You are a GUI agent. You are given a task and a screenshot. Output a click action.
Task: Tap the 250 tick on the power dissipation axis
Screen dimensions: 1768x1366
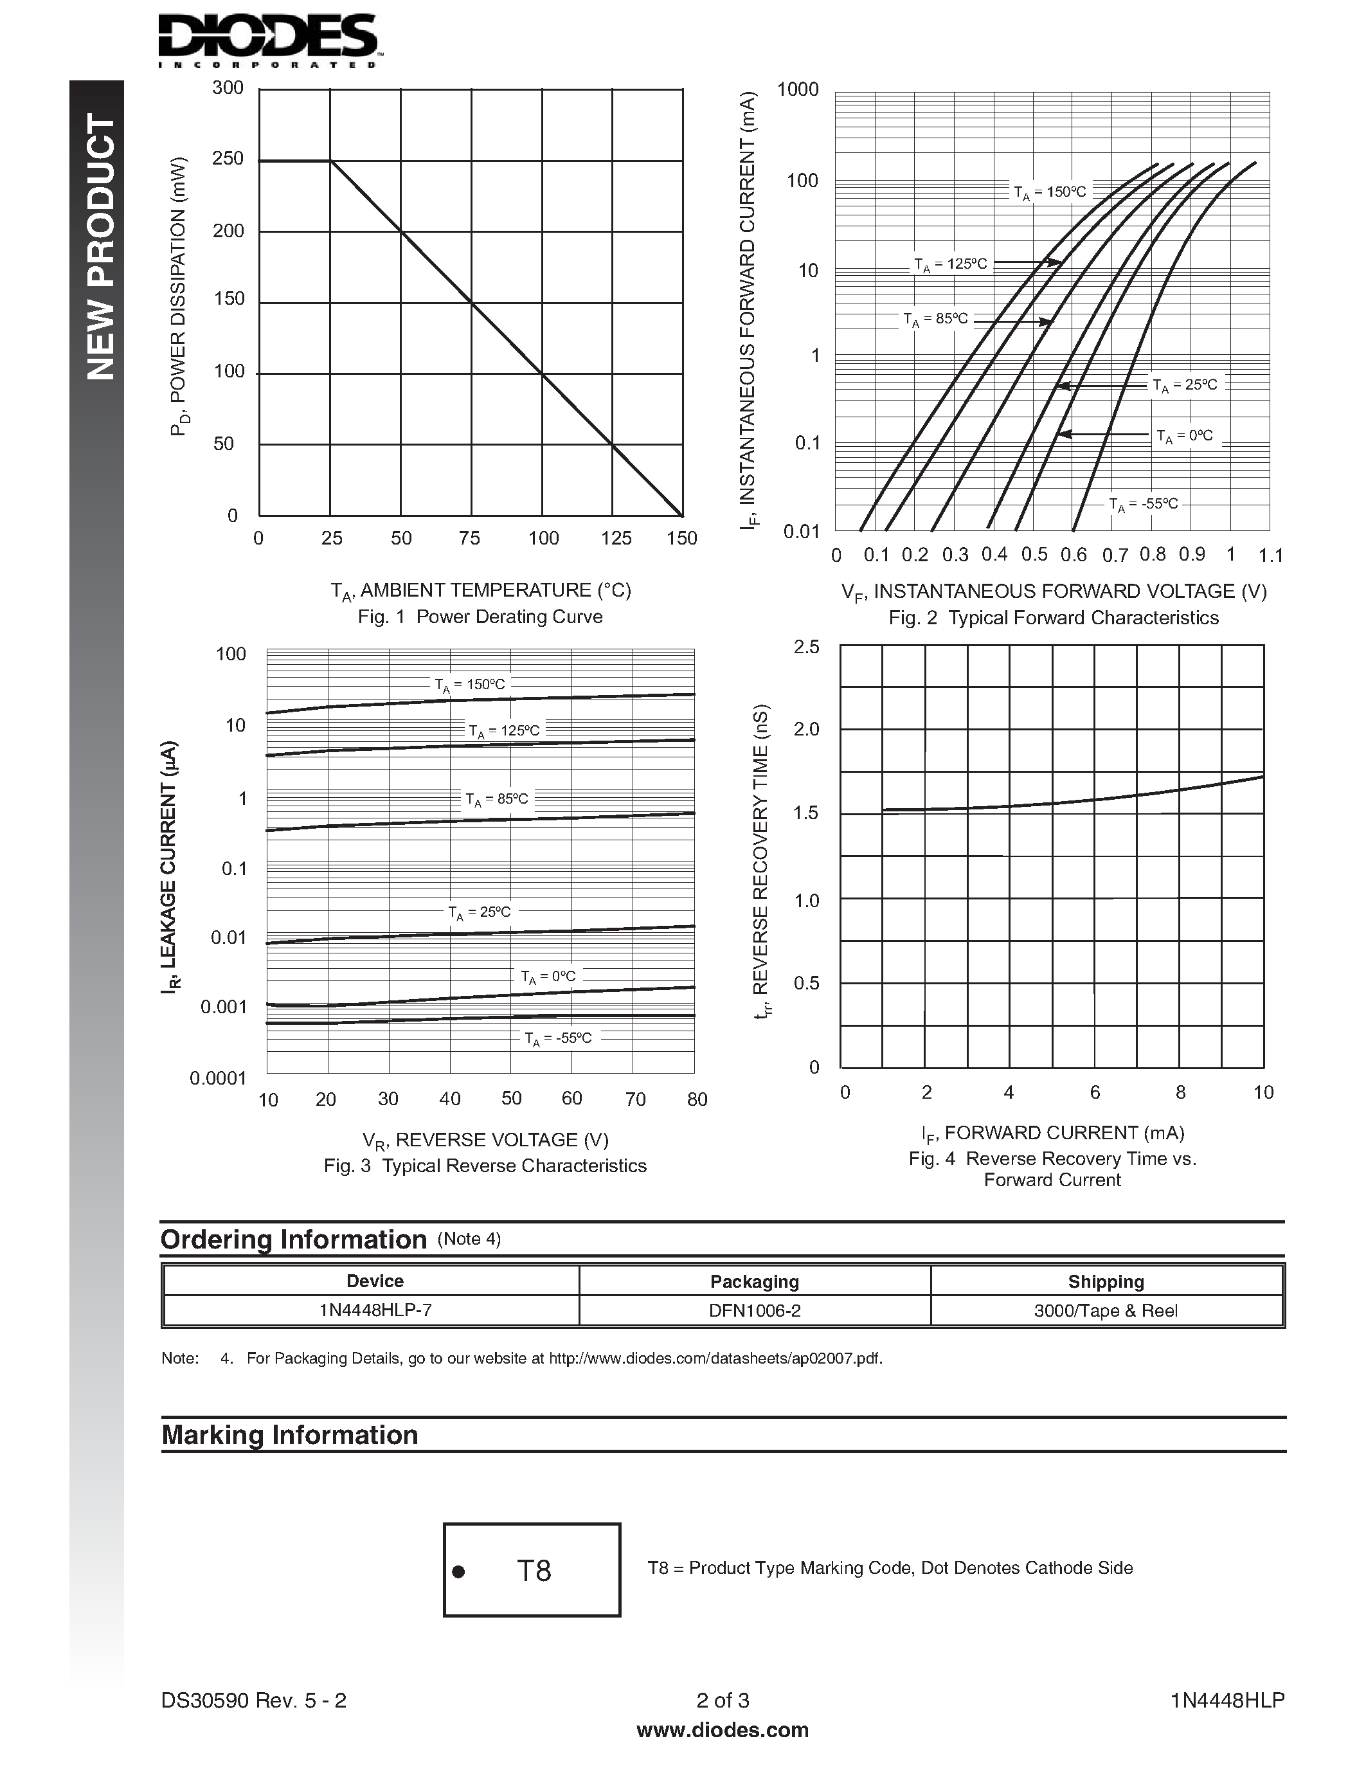tap(228, 159)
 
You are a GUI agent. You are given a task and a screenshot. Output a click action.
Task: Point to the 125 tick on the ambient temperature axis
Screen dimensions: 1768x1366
tap(616, 538)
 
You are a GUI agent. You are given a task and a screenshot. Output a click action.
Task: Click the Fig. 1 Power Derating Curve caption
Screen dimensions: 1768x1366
tap(480, 617)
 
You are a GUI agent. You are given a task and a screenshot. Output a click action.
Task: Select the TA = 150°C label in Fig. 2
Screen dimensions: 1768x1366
tap(1050, 193)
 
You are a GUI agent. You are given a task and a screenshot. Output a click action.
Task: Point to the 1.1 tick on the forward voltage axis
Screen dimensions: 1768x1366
tap(1270, 555)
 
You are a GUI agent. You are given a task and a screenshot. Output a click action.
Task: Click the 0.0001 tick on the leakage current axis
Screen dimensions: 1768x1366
tap(218, 1078)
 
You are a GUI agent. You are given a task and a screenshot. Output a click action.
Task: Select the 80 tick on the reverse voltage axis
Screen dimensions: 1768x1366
tap(697, 1099)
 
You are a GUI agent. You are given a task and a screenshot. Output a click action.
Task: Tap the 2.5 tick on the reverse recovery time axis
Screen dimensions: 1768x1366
tap(806, 647)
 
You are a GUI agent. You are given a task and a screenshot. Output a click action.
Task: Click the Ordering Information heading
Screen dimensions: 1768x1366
tap(294, 1240)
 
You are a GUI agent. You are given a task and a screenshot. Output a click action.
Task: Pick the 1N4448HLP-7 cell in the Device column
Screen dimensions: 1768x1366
tap(375, 1311)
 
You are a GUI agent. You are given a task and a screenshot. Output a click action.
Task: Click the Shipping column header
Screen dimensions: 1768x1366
tap(1106, 1281)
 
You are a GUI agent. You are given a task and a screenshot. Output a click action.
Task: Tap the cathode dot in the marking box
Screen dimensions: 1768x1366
tap(458, 1572)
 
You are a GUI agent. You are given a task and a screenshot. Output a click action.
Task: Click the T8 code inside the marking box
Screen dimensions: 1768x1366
tap(534, 1571)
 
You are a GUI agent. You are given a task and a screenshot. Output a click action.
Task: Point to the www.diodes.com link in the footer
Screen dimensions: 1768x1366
tap(723, 1730)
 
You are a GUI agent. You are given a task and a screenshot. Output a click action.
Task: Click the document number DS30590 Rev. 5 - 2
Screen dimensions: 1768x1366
tap(254, 1700)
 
